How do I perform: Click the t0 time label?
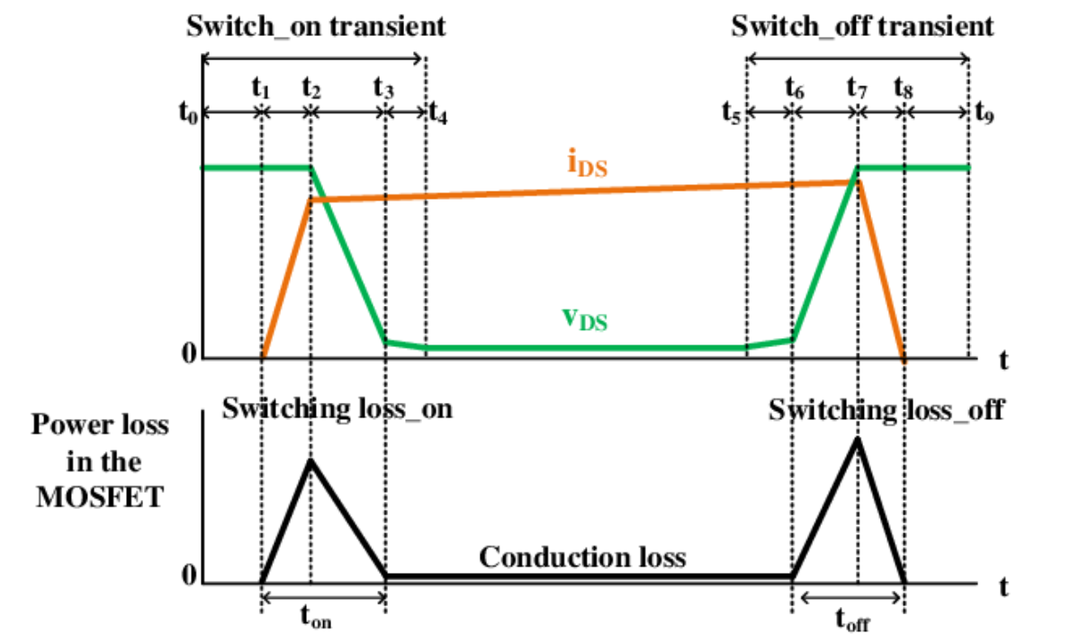(x=188, y=113)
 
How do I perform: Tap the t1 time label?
(x=261, y=88)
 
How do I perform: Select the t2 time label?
(x=311, y=88)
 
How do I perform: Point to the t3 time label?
(x=383, y=88)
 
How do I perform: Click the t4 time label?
(x=437, y=113)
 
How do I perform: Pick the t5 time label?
(x=731, y=113)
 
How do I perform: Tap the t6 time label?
(x=795, y=88)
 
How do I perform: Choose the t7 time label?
(x=857, y=88)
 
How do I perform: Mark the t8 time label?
(x=904, y=88)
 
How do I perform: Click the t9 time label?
(x=985, y=113)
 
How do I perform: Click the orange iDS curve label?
(x=587, y=163)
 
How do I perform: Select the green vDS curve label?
(x=585, y=319)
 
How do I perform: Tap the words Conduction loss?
(x=582, y=558)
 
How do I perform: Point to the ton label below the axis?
(x=316, y=617)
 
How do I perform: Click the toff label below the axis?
(x=852, y=620)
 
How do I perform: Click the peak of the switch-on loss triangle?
(x=311, y=460)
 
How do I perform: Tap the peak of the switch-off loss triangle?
(x=858, y=439)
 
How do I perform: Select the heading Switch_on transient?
(x=316, y=26)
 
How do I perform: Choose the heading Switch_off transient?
(x=862, y=26)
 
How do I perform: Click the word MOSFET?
(x=100, y=497)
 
